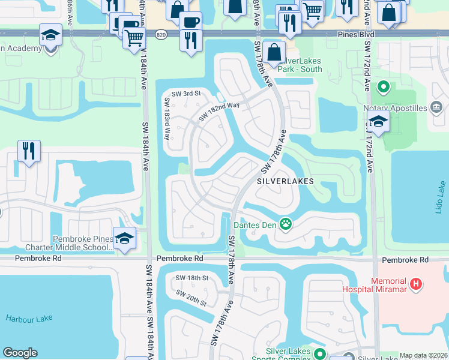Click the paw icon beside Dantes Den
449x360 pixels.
tap(286, 225)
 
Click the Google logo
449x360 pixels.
tap(20, 353)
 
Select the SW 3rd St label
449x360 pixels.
tap(185, 94)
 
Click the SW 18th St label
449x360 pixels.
tap(191, 278)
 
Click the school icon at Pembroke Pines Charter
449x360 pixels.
tap(124, 238)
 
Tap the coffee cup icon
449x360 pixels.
tap(191, 22)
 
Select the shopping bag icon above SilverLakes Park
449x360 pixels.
tap(274, 52)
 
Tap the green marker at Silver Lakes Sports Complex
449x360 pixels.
tap(320, 353)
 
